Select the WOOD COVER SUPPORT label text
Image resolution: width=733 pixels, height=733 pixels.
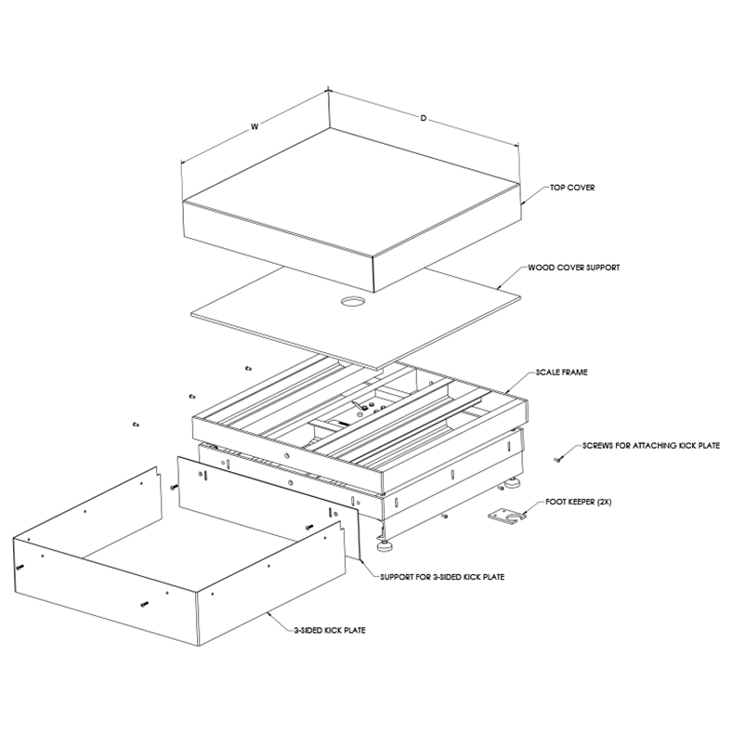pos(572,267)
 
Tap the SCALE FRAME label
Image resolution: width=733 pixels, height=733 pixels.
pos(561,372)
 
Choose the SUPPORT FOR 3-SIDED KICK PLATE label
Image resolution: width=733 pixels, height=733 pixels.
pos(442,577)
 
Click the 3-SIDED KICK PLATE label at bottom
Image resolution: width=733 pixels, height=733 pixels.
pos(327,631)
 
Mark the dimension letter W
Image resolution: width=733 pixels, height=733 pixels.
pos(254,127)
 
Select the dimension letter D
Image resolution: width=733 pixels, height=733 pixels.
pos(424,119)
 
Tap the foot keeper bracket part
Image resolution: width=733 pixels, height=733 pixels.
pos(504,517)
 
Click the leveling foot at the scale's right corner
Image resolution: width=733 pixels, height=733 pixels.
pos(512,485)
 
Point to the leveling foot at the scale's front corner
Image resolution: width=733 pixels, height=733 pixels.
pos(384,532)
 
